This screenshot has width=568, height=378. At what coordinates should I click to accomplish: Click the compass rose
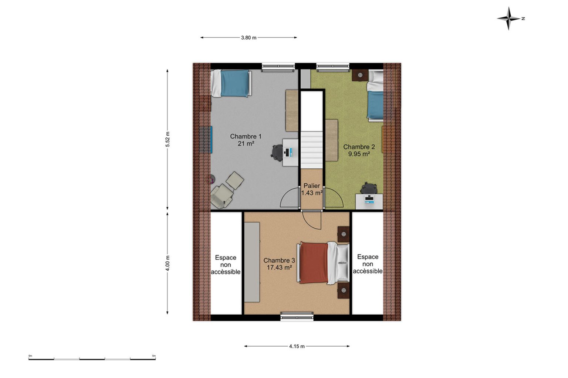pyautogui.click(x=509, y=19)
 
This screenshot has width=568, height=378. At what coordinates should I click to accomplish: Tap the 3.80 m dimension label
pyautogui.click(x=248, y=38)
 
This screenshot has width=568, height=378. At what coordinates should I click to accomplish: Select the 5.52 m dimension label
pyautogui.click(x=168, y=139)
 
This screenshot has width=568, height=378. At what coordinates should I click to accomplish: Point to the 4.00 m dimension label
pyautogui.click(x=168, y=263)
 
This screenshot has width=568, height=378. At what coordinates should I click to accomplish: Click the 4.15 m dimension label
pyautogui.click(x=297, y=346)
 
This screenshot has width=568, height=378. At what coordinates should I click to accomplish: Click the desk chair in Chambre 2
pyautogui.click(x=369, y=188)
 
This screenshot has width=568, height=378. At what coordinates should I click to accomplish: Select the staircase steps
pyautogui.click(x=312, y=150)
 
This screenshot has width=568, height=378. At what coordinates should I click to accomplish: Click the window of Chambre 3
pyautogui.click(x=297, y=316)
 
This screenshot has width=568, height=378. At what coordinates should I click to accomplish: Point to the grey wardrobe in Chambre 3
pyautogui.click(x=252, y=262)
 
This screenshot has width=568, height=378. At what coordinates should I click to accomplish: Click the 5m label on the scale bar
pyautogui.click(x=154, y=356)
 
